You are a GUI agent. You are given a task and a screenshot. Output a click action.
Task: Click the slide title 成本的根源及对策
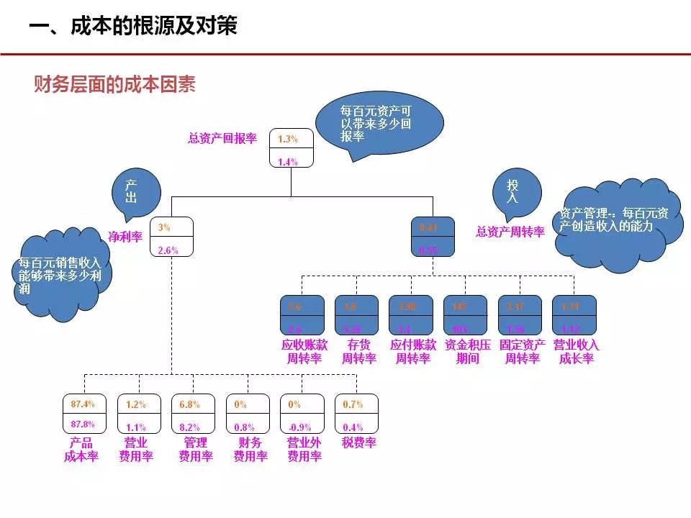pyautogui.click(x=133, y=27)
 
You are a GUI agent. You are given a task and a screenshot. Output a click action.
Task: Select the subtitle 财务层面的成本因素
pyautogui.click(x=115, y=85)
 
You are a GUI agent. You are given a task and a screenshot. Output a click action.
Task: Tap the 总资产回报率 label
pyautogui.click(x=222, y=139)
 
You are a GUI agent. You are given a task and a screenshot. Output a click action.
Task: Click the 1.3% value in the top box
pyautogui.click(x=288, y=139)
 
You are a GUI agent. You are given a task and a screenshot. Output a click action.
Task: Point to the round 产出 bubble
pyautogui.click(x=131, y=191)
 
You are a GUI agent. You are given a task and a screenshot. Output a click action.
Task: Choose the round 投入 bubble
pyautogui.click(x=512, y=191)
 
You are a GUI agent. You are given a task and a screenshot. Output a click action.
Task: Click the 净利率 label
pyautogui.click(x=125, y=237)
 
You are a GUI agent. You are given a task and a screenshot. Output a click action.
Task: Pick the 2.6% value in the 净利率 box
pyautogui.click(x=168, y=250)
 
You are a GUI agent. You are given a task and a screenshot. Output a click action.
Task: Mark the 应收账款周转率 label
pyautogui.click(x=303, y=352)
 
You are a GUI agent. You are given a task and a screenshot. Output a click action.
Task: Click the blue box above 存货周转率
pyautogui.click(x=356, y=315)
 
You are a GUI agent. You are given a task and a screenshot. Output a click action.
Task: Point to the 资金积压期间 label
pyautogui.click(x=467, y=352)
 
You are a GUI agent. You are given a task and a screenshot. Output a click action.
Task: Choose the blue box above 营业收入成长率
pyautogui.click(x=574, y=315)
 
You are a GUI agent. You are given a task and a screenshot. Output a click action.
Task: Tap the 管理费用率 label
pyautogui.click(x=196, y=450)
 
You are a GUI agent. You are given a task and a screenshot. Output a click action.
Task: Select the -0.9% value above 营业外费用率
pyautogui.click(x=301, y=427)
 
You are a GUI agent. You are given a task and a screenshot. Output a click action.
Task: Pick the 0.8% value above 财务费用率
pyautogui.click(x=244, y=427)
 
